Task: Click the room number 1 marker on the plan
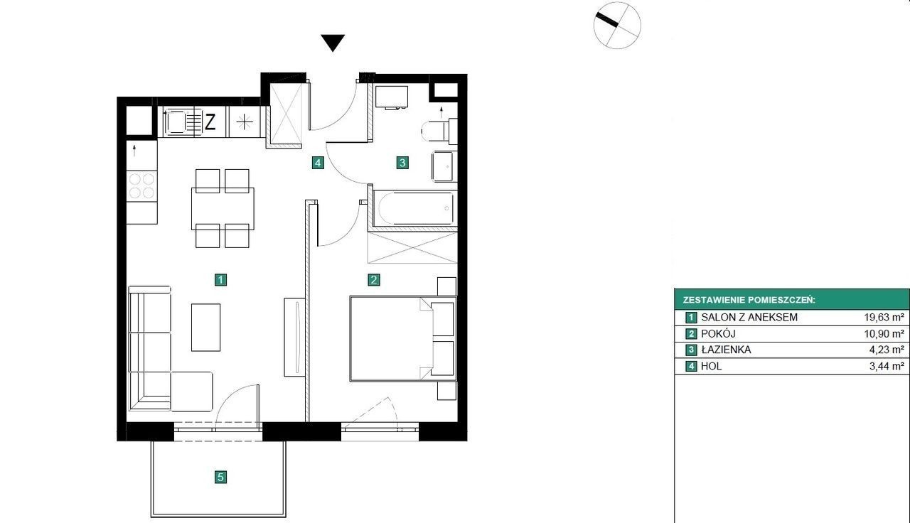[x=220, y=280]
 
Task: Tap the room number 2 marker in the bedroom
[x=374, y=280]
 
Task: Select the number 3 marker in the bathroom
[x=402, y=163]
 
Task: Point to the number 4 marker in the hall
[x=318, y=163]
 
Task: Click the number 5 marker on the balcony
[x=220, y=477]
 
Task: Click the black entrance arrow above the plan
[x=333, y=42]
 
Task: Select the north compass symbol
[x=617, y=25]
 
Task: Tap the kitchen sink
[x=183, y=122]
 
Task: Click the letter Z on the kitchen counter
[x=210, y=122]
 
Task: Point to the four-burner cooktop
[x=141, y=185]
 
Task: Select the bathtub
[x=415, y=208]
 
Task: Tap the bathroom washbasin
[x=444, y=166]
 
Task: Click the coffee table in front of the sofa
[x=206, y=328]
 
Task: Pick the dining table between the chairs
[x=223, y=209]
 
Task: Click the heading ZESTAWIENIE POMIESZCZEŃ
[x=749, y=300]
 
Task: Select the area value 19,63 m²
[x=884, y=317]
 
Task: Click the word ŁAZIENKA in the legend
[x=726, y=350]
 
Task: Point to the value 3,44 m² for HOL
[x=887, y=366]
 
